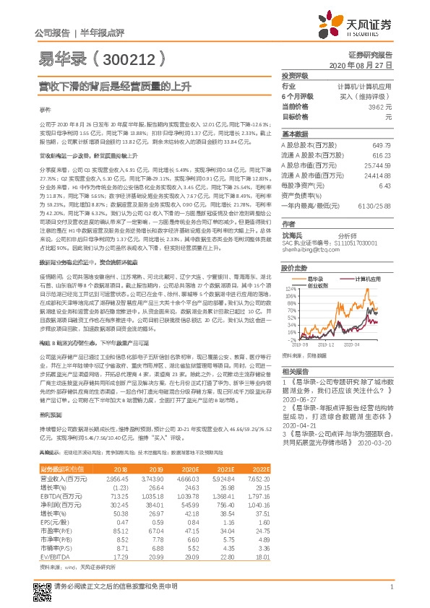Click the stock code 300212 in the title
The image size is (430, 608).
[125, 58]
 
